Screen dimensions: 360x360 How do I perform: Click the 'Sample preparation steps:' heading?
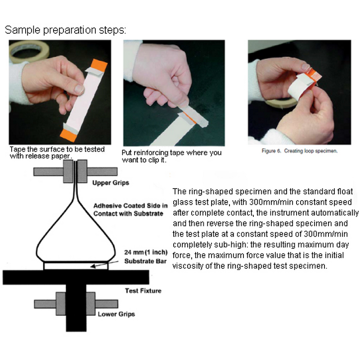click(65, 30)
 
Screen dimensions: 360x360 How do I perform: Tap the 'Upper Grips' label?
click(111, 183)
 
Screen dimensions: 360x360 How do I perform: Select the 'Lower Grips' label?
click(116, 314)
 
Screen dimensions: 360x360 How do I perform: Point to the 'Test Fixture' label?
click(143, 291)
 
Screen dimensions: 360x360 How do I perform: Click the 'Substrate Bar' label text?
click(145, 261)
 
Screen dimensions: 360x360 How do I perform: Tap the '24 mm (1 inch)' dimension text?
click(146, 252)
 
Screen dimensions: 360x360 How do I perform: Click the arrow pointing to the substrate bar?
click(104, 264)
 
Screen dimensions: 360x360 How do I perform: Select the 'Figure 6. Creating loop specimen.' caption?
click(300, 151)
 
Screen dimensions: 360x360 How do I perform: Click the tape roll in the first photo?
click(29, 51)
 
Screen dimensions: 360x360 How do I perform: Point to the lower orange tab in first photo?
click(68, 135)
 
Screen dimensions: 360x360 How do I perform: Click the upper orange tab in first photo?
click(99, 65)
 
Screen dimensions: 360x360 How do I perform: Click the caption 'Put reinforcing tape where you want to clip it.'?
click(171, 156)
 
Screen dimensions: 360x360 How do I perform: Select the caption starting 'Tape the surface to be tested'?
click(57, 153)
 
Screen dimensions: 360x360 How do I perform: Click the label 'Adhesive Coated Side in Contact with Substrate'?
click(130, 209)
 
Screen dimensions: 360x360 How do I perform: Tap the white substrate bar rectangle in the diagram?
click(76, 266)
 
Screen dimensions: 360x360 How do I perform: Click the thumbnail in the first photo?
click(79, 89)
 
